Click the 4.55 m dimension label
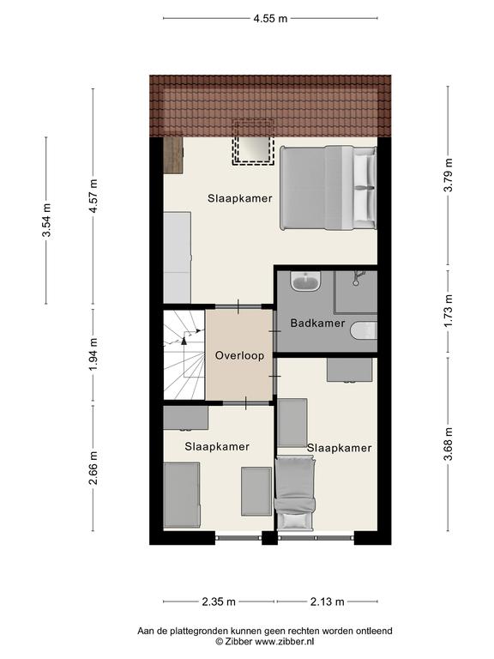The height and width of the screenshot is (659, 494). coord(270,19)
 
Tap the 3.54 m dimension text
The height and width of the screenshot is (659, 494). coord(46,221)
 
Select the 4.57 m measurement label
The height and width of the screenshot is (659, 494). coord(93,196)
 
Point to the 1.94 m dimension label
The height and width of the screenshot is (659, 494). coord(93,354)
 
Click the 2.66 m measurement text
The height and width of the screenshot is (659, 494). coord(93,468)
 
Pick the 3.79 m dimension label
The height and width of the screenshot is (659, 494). coord(449,175)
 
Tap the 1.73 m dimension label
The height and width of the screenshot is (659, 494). coord(449,311)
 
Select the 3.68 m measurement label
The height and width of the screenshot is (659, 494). coord(449,444)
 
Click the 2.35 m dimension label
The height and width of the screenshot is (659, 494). coord(219,602)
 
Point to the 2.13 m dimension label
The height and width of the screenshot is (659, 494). coord(328,602)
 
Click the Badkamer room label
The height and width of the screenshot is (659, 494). coord(317,323)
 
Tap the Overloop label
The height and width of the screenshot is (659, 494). coord(239,355)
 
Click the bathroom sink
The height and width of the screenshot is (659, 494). coord(305,281)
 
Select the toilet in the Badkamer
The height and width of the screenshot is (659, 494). coord(364,330)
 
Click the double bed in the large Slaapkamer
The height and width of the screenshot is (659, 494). coord(328,187)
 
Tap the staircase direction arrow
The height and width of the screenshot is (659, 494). coord(184,340)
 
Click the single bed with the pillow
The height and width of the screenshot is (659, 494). coord(294,494)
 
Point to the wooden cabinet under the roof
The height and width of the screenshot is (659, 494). coord(173,154)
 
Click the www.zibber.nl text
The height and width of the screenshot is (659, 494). coord(285,641)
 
